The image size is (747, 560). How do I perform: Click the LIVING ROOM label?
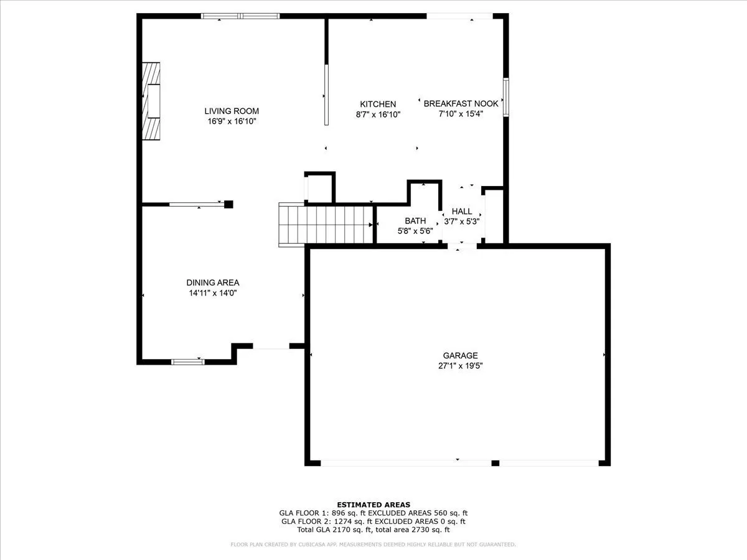click(x=232, y=111)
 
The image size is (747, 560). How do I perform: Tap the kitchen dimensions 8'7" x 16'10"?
click(x=378, y=114)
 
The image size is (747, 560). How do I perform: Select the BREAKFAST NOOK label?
click(x=461, y=103)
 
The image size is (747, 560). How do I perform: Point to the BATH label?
click(x=415, y=221)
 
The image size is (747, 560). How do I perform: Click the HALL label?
click(x=462, y=211)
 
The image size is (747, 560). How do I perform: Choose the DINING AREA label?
click(x=213, y=282)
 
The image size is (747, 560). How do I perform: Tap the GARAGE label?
click(x=460, y=355)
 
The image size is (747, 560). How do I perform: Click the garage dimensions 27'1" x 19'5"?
click(x=461, y=366)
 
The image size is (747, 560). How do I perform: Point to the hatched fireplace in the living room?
click(x=151, y=101)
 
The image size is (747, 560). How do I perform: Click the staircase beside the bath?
click(x=326, y=225)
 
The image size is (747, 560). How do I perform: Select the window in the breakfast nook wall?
click(x=506, y=97)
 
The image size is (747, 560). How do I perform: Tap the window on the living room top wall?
click(x=240, y=16)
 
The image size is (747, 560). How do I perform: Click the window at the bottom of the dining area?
click(x=188, y=362)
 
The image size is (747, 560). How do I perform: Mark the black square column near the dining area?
click(x=228, y=204)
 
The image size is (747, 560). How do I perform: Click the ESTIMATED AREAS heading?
click(x=374, y=505)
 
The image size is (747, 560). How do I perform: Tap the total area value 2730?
click(x=420, y=530)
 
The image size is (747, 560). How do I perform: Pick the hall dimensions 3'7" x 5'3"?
click(x=462, y=222)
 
